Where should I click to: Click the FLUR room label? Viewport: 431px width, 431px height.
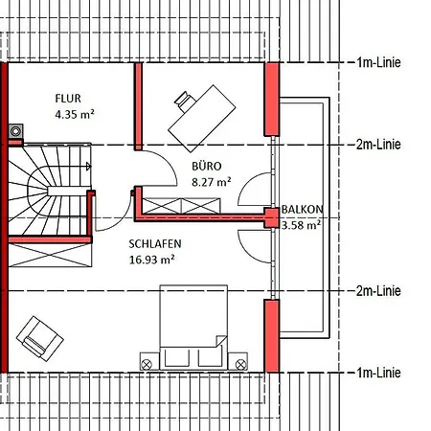68,99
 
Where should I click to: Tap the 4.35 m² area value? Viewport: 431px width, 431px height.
75,114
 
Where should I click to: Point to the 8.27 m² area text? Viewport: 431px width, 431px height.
212,182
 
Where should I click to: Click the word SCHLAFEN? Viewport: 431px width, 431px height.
155,244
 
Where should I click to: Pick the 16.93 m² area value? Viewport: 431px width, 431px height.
151,260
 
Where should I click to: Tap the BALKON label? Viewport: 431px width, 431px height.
302,210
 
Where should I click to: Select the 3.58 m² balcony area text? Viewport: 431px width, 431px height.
301,225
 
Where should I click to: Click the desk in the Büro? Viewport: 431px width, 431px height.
202,119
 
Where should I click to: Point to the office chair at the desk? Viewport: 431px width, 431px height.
184,101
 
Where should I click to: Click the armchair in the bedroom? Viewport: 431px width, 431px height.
40,339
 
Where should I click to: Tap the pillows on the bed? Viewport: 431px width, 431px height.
193,358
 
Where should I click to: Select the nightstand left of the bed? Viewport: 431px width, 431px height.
149,361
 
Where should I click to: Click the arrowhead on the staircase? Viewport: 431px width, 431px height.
89,167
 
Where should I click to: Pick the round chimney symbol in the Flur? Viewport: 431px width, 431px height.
15,131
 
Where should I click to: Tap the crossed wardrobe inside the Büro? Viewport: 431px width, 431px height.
181,206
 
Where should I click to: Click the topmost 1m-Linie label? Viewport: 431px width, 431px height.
378,62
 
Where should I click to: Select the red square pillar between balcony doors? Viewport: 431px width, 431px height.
272,217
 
